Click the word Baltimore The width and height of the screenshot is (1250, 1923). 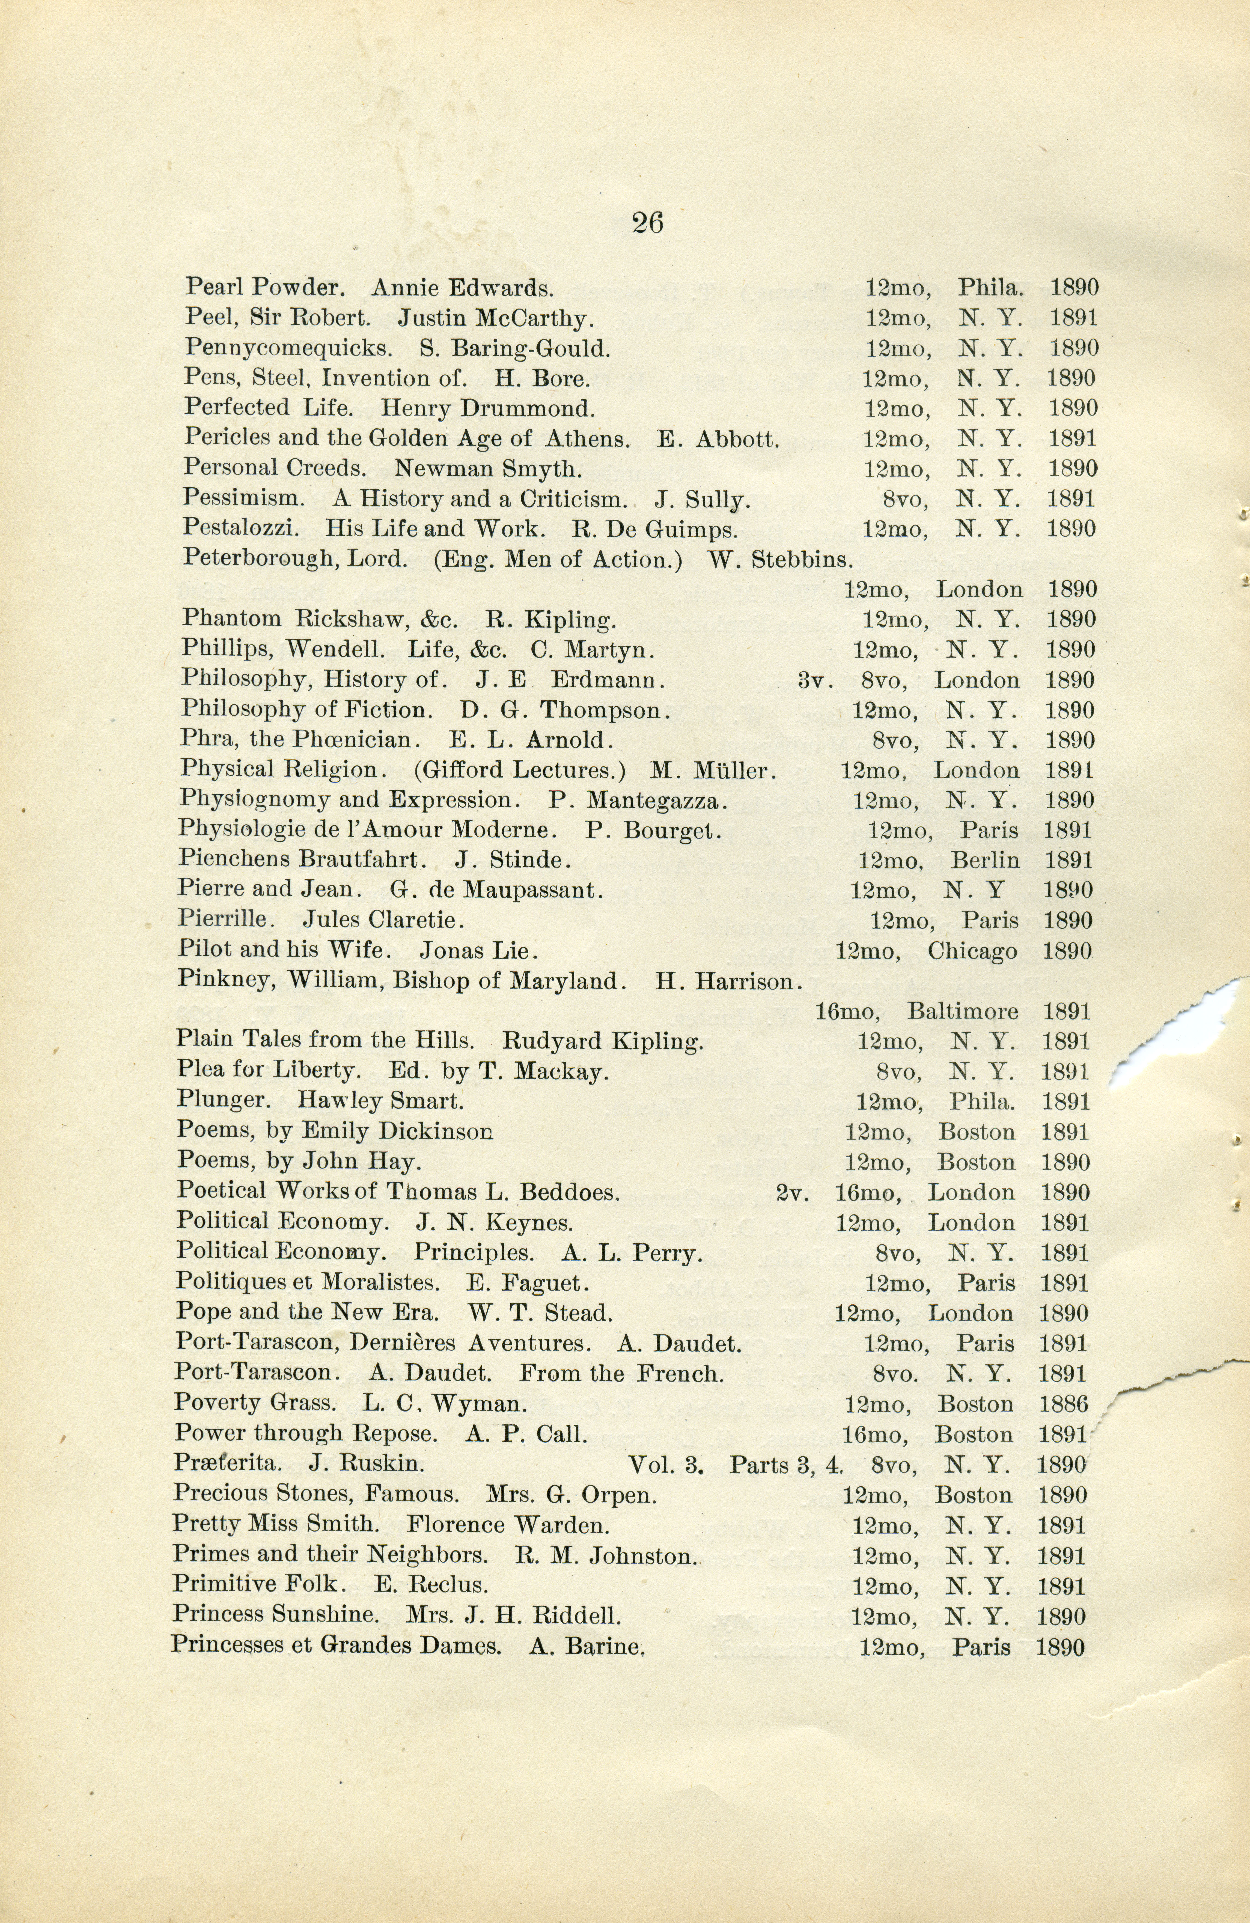(x=962, y=1012)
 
